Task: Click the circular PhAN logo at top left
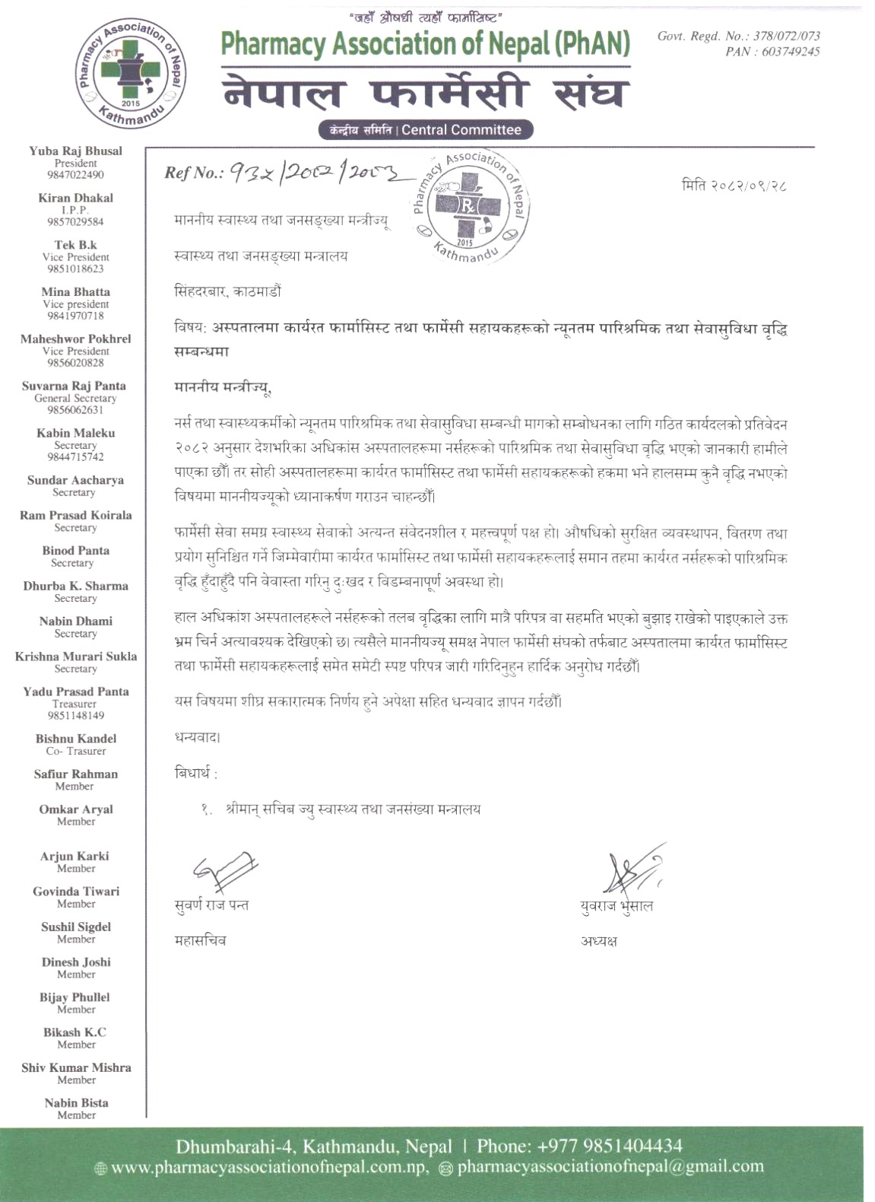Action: point(132,74)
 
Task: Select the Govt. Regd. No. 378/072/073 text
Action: point(738,36)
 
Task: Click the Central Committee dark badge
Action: point(426,129)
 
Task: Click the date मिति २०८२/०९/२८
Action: point(734,186)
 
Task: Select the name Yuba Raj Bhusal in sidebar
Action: point(75,151)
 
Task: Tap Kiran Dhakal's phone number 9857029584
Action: point(75,221)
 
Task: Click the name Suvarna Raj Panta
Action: point(74,386)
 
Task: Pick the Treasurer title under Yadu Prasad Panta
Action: point(74,704)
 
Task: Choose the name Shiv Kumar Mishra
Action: point(76,1067)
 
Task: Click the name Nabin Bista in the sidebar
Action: point(76,1102)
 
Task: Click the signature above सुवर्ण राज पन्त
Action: point(224,871)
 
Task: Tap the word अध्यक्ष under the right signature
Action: point(599,941)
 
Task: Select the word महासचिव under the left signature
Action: point(200,940)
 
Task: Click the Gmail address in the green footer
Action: point(610,1167)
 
